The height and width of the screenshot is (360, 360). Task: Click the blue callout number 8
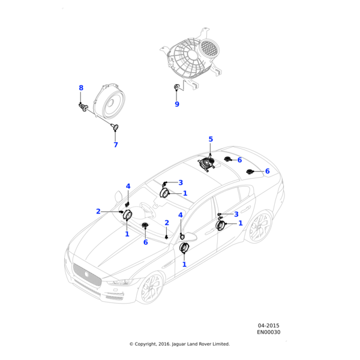[81, 88]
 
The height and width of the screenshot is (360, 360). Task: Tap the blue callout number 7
[115, 145]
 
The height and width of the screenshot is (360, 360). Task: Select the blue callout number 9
[177, 104]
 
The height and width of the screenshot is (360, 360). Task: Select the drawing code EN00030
[269, 332]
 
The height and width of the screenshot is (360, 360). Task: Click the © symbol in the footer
[131, 344]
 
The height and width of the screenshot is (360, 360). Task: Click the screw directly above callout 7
[115, 127]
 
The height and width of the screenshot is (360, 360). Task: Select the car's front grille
[86, 275]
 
